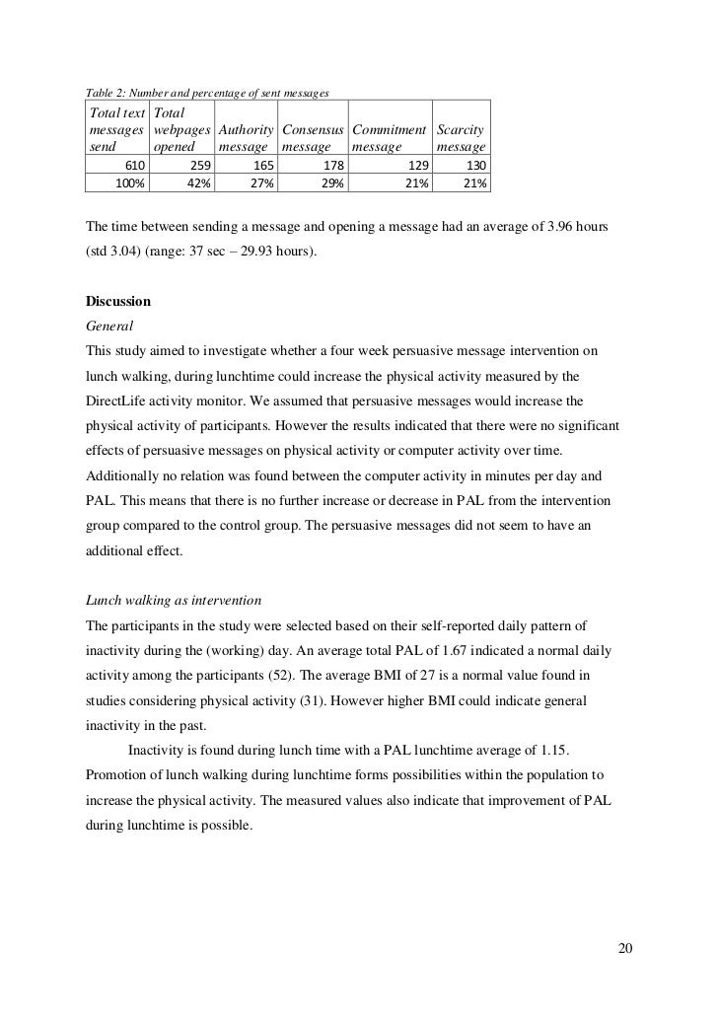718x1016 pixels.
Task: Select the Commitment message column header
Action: pyautogui.click(x=389, y=137)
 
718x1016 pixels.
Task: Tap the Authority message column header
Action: pyautogui.click(x=245, y=137)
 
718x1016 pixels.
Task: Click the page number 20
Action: pyautogui.click(x=623, y=949)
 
